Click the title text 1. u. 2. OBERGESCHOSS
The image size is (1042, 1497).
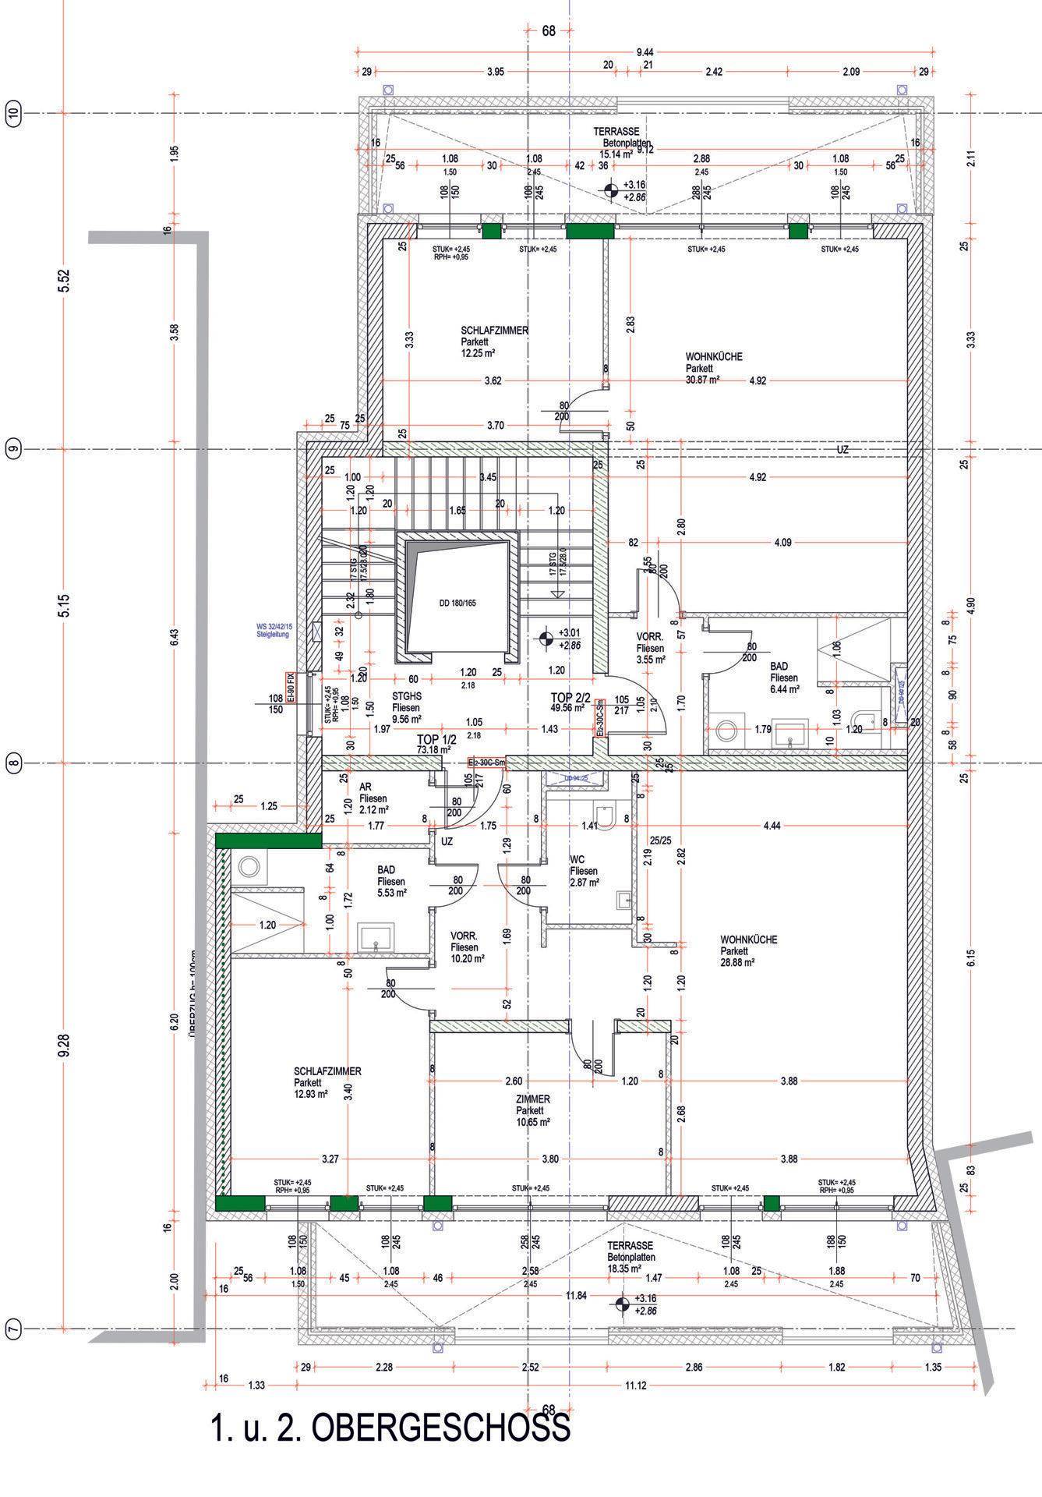[390, 1427]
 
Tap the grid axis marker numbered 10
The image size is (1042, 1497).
[12, 112]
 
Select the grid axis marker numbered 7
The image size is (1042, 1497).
[12, 1329]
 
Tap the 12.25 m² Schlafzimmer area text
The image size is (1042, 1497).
[479, 352]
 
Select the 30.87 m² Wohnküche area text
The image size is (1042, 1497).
[702, 379]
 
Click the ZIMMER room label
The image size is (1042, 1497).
[532, 1099]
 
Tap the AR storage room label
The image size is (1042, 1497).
[365, 787]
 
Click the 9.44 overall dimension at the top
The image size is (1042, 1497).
[645, 51]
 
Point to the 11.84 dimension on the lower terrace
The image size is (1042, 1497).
[577, 1295]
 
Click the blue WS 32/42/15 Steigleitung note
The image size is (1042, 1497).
[273, 630]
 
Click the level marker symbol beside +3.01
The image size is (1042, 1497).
[546, 639]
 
